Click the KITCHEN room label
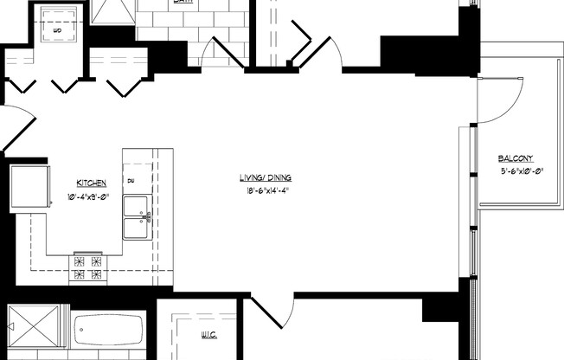click(x=92, y=183)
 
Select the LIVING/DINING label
click(x=264, y=178)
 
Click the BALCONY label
click(x=516, y=158)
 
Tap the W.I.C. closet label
click(x=208, y=335)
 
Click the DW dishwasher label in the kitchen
click(x=131, y=182)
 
